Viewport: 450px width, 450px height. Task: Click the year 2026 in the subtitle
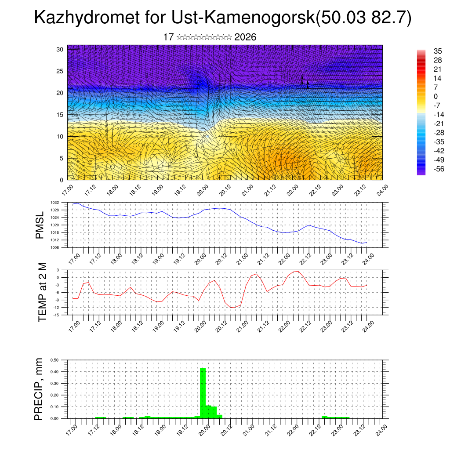point(245,37)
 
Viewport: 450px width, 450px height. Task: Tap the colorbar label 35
point(438,51)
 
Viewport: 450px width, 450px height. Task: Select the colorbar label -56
point(438,170)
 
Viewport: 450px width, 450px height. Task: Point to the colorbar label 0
point(435,96)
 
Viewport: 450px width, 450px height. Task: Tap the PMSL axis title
point(40,225)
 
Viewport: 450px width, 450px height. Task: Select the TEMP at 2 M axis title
point(42,292)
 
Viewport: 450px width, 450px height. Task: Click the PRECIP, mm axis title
point(40,389)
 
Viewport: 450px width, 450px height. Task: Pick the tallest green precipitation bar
point(203,392)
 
